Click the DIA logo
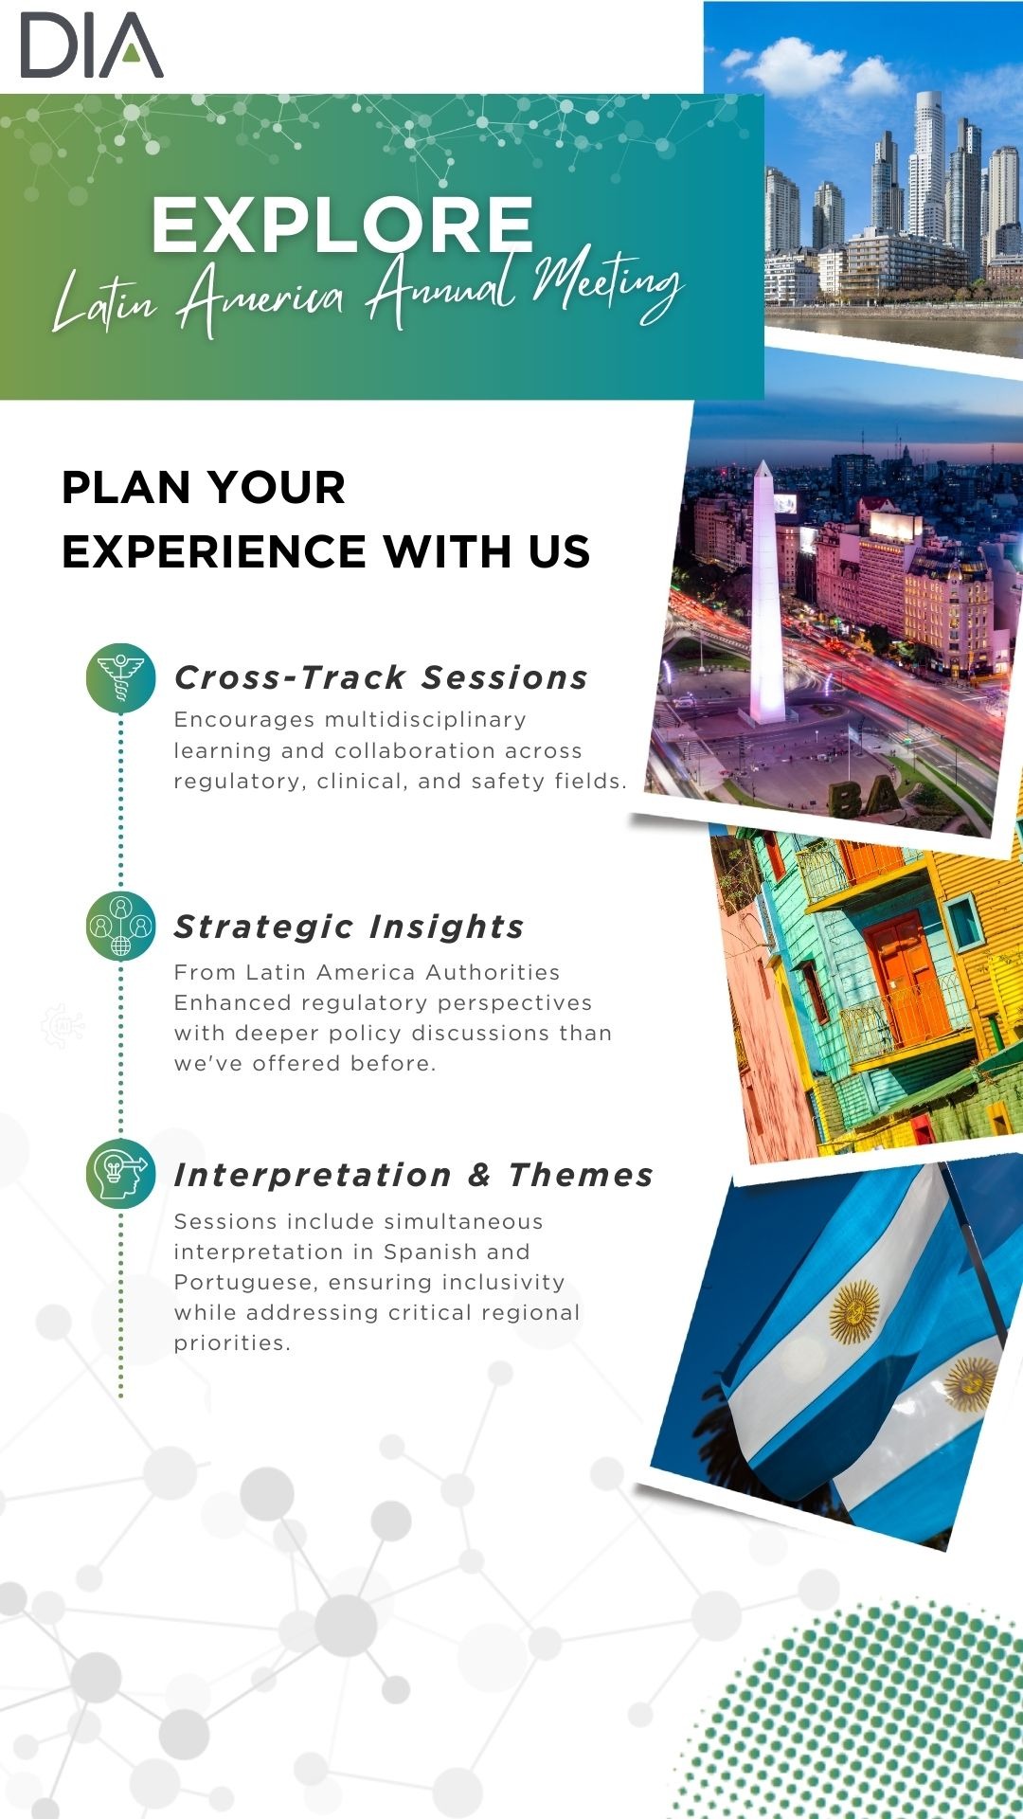pos(92,45)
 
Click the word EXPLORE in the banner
pos(342,225)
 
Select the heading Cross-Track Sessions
pos(381,677)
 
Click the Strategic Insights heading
pos(349,927)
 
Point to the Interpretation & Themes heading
pos(414,1175)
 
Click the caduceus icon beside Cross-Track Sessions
pos(120,677)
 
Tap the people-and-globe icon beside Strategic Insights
pos(120,926)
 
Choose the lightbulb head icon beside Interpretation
pos(120,1174)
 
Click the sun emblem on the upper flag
pos(854,1312)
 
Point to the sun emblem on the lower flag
pos(969,1383)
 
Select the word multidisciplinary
pos(425,720)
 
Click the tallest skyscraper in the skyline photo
pos(928,166)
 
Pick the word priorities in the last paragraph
pos(230,1342)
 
